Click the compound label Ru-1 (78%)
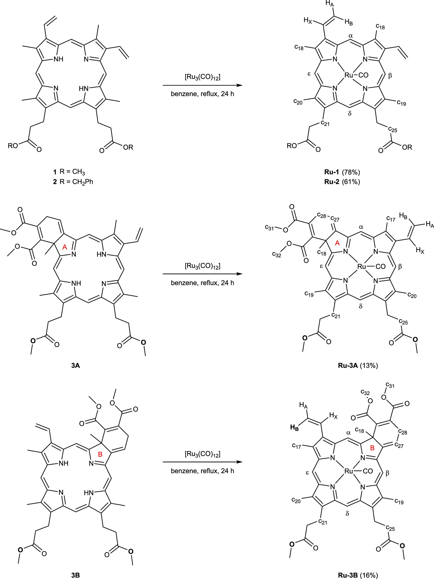click(342, 172)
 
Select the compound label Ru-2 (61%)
click(342, 182)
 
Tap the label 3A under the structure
click(75, 366)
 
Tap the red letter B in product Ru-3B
click(372, 448)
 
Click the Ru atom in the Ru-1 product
click(349, 75)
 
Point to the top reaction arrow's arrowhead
click(239, 85)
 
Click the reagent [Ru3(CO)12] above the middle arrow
click(202, 266)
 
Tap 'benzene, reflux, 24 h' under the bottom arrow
click(202, 471)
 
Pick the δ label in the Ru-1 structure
click(350, 114)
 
